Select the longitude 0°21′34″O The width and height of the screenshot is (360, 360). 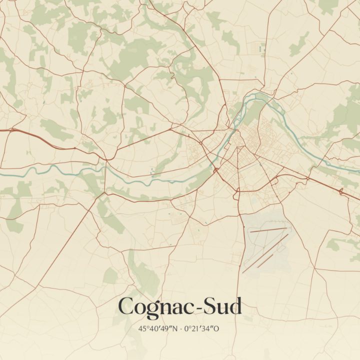click(202, 329)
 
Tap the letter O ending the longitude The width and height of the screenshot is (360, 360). click(217, 329)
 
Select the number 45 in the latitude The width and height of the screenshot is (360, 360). click(142, 329)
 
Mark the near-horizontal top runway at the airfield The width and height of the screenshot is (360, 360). click(269, 230)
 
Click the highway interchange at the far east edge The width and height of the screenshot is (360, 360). click(341, 191)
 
